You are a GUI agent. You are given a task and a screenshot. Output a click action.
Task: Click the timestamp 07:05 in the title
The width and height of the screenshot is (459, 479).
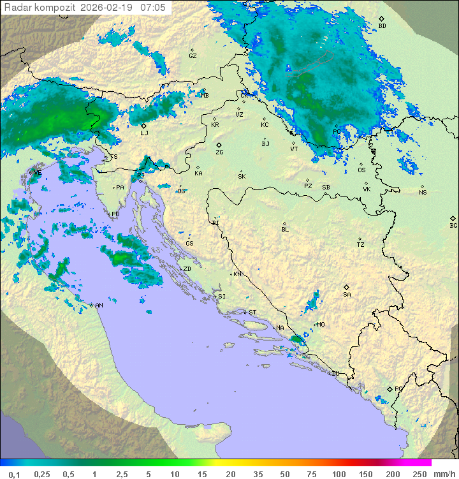click(153, 7)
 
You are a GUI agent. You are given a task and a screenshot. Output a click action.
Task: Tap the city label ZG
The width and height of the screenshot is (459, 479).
click(219, 152)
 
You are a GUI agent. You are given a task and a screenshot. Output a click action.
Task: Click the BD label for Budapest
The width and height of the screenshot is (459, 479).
click(382, 26)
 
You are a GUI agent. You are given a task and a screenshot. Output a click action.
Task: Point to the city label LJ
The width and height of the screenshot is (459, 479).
click(144, 133)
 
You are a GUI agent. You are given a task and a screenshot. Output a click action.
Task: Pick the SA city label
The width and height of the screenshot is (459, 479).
click(347, 294)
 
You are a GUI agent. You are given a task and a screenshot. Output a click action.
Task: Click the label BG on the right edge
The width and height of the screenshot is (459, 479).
click(453, 225)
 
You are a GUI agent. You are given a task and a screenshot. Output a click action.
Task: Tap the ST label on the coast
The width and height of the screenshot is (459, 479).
click(252, 312)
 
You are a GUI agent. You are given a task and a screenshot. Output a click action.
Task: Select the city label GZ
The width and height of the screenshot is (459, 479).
click(193, 55)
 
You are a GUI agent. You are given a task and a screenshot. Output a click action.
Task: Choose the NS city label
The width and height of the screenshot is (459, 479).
click(423, 192)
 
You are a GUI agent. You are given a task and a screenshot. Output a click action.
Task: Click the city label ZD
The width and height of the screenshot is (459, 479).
click(187, 269)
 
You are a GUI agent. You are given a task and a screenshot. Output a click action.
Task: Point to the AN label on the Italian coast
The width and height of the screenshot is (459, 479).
click(99, 306)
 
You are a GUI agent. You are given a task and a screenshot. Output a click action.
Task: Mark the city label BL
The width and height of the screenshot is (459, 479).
click(285, 229)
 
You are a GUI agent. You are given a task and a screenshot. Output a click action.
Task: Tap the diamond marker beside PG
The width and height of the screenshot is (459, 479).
click(390, 388)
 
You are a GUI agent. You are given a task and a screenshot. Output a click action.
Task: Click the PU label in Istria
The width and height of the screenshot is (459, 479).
click(115, 214)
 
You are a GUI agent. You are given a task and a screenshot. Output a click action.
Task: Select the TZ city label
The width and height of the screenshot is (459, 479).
click(361, 244)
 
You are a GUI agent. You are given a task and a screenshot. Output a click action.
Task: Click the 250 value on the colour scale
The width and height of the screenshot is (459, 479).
click(419, 474)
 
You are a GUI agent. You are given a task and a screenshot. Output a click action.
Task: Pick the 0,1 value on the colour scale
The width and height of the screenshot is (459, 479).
click(14, 474)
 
